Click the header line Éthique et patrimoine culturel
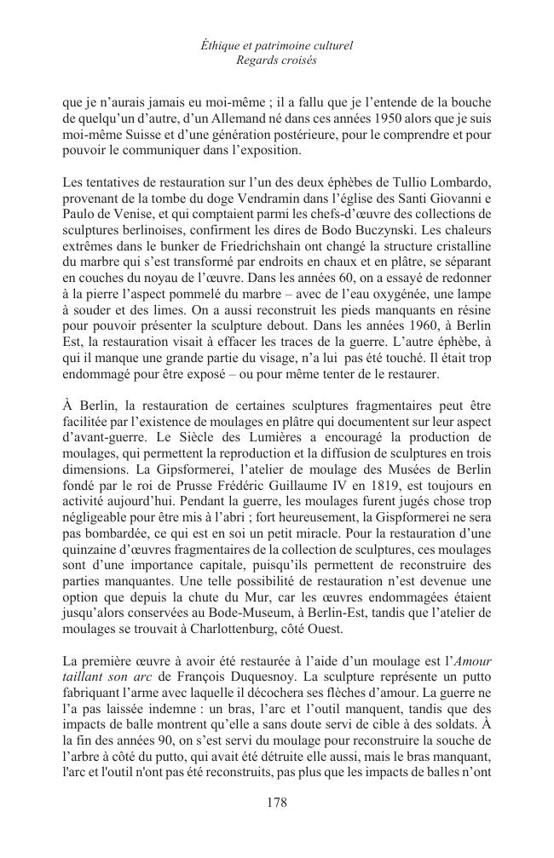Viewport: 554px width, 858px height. click(x=276, y=45)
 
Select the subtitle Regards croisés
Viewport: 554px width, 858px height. click(x=276, y=60)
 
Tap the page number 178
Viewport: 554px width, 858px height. click(x=276, y=802)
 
